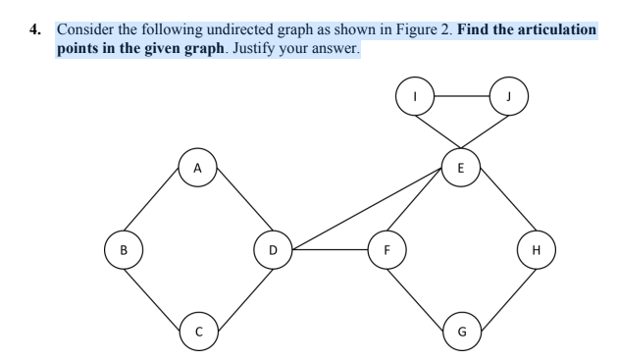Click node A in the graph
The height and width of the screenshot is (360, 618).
197,167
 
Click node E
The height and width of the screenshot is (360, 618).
461,167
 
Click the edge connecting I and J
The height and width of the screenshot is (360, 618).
461,98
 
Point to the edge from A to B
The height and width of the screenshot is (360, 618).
160,209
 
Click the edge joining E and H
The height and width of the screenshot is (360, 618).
498,209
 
